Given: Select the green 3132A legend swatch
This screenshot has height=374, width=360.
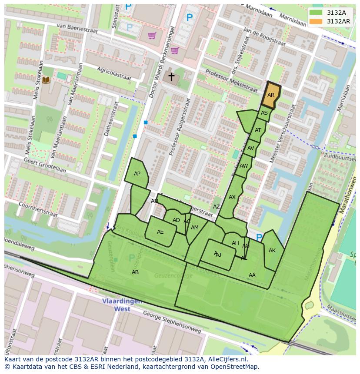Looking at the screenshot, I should click(316, 13).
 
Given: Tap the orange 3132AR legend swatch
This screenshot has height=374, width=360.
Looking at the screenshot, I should click(316, 21).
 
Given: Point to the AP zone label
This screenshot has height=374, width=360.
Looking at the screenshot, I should click(137, 174).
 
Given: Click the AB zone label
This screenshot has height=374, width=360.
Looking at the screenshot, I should click(135, 272).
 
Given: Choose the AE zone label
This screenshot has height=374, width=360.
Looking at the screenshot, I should click(160, 232).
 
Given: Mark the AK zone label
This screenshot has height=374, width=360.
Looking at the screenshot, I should click(272, 251).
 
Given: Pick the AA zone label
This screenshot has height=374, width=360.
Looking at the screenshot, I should click(252, 275).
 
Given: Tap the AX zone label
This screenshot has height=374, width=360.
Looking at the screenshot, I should click(232, 197).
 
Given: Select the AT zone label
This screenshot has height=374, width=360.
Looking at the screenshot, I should click(258, 130).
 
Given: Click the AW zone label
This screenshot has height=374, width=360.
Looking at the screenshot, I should click(243, 166).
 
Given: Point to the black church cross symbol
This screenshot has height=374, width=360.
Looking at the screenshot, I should click(171, 77).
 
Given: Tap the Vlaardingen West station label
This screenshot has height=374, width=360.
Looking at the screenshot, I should click(116, 305).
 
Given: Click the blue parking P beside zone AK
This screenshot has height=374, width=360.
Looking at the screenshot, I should click(259, 238).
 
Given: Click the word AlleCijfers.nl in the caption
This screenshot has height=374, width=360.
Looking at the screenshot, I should click(226, 360).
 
